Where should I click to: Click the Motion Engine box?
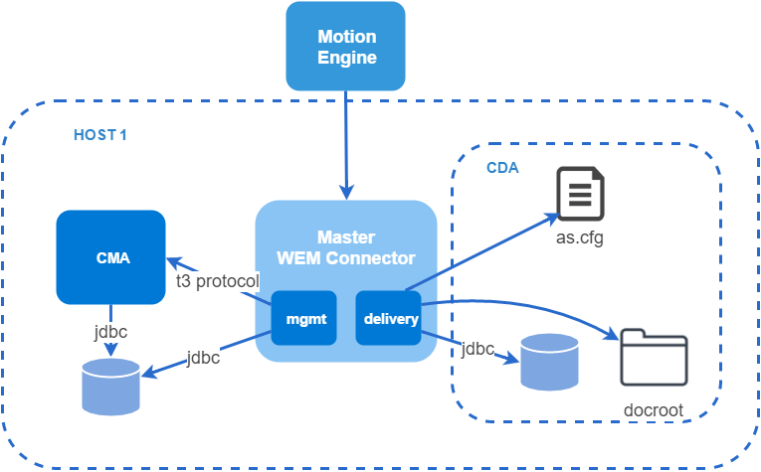tap(345, 46)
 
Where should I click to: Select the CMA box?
tap(111, 257)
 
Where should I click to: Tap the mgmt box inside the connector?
tap(303, 318)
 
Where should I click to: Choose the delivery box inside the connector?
tap(388, 318)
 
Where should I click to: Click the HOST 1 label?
tap(100, 135)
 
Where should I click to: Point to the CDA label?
tap(502, 168)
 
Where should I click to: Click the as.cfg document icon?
tap(581, 194)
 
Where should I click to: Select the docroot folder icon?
tap(655, 357)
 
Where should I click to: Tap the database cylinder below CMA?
tap(111, 388)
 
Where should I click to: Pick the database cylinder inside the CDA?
tap(550, 362)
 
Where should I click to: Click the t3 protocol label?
tap(218, 281)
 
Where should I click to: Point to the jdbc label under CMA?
tap(110, 332)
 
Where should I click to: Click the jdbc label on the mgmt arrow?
tap(203, 358)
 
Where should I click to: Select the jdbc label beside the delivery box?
tap(477, 349)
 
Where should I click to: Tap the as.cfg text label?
tap(580, 237)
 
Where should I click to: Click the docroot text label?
tap(654, 410)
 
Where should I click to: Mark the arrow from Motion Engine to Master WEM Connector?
tap(346, 145)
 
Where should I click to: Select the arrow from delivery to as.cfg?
tap(482, 252)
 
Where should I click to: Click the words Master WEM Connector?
tap(346, 247)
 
